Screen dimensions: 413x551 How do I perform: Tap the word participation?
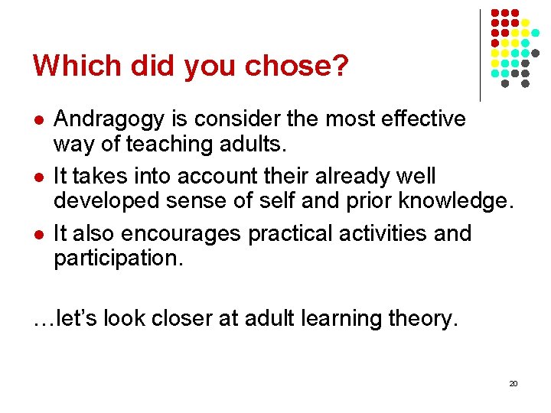[119, 259]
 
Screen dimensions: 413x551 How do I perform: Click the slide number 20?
[513, 383]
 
